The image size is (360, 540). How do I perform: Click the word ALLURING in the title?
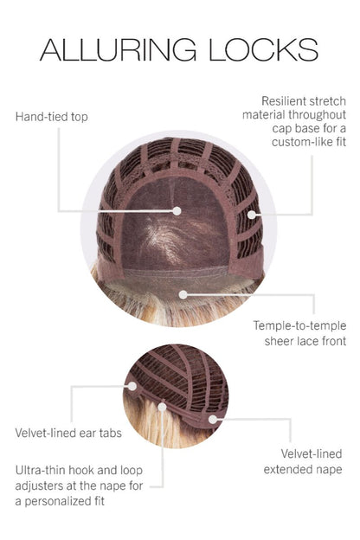[x=119, y=49]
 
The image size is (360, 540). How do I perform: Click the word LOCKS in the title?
[x=264, y=49]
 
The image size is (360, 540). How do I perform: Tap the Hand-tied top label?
[x=52, y=117]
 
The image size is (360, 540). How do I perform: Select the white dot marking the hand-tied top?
[x=177, y=211]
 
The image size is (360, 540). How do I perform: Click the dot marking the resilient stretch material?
[x=252, y=215]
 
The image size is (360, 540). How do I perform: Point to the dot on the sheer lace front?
[x=183, y=294]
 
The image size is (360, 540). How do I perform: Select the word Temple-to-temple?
[x=299, y=325]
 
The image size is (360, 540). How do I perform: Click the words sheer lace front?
[x=305, y=341]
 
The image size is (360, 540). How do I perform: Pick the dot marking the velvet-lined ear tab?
[x=132, y=386]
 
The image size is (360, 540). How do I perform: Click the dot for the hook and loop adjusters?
[x=162, y=407]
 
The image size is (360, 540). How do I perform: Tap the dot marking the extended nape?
[x=213, y=419]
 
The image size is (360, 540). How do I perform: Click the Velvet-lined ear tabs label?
[x=68, y=433]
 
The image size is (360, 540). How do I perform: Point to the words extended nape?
[x=303, y=469]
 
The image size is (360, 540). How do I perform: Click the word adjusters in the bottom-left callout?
[x=39, y=486]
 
